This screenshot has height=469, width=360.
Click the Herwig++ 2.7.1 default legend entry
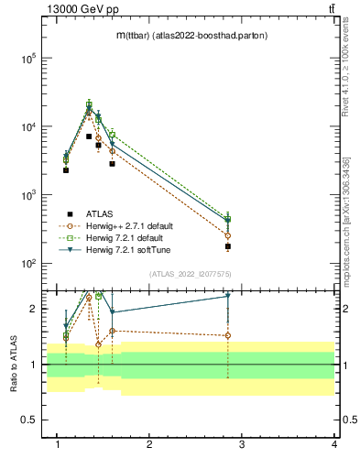(x=127, y=225)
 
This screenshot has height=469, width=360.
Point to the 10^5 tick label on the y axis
(x=27, y=59)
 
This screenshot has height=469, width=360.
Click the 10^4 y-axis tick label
(x=27, y=127)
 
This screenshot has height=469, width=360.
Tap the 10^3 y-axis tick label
(x=27, y=195)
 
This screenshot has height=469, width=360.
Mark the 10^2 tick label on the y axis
(x=27, y=264)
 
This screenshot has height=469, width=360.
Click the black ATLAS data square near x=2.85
(x=227, y=246)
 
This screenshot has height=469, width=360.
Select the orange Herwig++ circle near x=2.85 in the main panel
(x=227, y=235)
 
